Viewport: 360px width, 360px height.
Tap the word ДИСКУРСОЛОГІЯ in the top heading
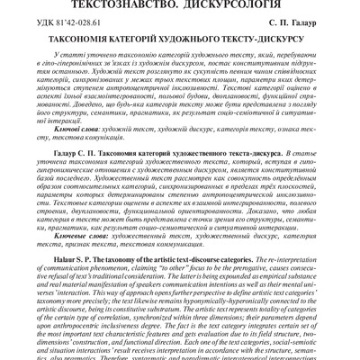[x=238, y=5]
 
